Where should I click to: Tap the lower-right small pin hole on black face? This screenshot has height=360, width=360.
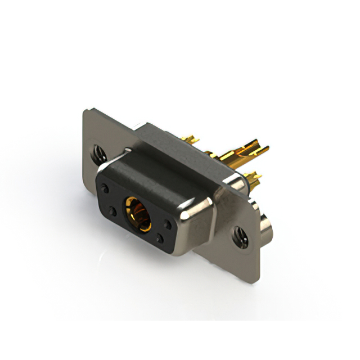(160, 239)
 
